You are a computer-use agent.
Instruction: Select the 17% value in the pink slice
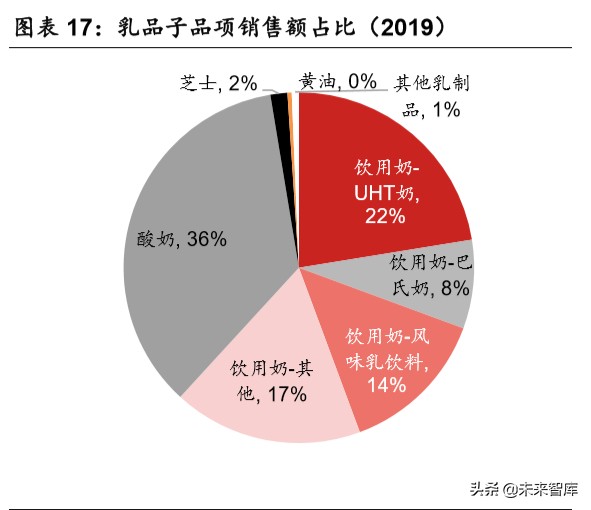coord(284,394)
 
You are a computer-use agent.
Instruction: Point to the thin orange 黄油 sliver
coord(291,100)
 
